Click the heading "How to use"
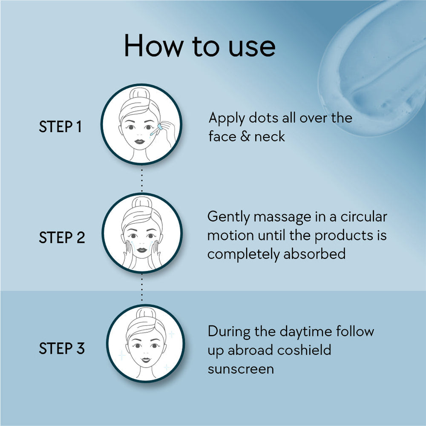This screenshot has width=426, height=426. [200, 46]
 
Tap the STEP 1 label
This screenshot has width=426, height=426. [60, 127]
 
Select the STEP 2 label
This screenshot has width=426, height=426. [62, 237]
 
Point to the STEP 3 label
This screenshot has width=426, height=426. [62, 348]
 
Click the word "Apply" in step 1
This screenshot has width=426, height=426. [227, 119]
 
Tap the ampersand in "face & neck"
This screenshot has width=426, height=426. [245, 136]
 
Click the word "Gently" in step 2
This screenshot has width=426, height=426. [228, 218]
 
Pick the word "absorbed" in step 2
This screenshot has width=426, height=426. [314, 254]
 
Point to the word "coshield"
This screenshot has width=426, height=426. [304, 350]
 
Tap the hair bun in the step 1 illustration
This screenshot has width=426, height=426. [140, 93]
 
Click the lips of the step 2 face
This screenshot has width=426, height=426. [141, 250]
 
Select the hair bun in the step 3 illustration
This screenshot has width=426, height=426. [146, 313]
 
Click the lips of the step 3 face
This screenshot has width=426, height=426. [146, 360]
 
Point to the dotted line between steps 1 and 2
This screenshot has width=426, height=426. [141, 180]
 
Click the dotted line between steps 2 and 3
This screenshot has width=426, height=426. [141, 288]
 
